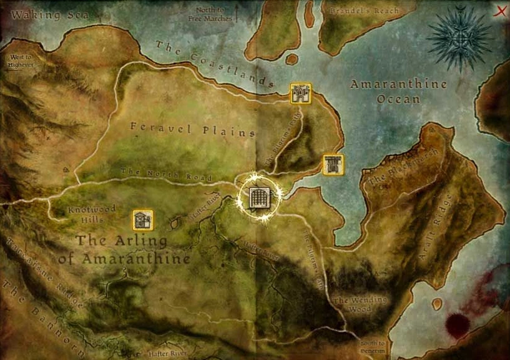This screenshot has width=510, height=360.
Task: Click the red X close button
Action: coord(499,11)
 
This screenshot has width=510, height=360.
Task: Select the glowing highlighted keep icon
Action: coord(258,198)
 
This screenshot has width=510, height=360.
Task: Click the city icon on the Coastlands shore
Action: coord(300,93)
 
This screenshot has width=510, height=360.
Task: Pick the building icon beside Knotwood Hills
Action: coord(143,220)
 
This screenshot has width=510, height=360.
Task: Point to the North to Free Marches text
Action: coord(210,15)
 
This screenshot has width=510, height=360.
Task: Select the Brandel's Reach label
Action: coord(364,11)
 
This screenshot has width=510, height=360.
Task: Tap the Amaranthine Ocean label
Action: coord(398,91)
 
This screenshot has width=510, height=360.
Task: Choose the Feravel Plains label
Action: coord(193,129)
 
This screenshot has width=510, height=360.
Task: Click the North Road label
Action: coord(166,174)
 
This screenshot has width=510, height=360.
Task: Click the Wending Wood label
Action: coord(360,304)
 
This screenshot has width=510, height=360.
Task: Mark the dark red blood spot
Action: coord(458,324)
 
